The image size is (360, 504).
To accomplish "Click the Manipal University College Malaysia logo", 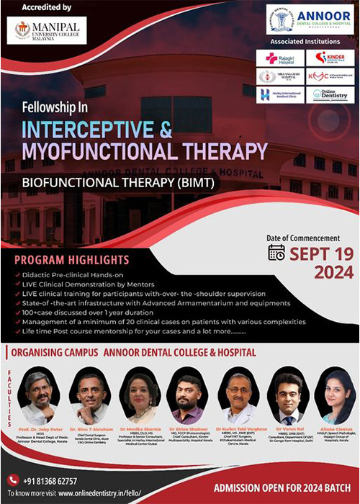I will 46,30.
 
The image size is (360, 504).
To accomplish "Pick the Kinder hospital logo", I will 329,58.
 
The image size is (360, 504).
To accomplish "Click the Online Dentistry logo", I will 329,94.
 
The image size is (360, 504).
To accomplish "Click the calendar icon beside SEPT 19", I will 276,252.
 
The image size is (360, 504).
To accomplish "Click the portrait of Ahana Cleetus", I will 334,395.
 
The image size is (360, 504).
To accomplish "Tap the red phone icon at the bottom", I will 12,480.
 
